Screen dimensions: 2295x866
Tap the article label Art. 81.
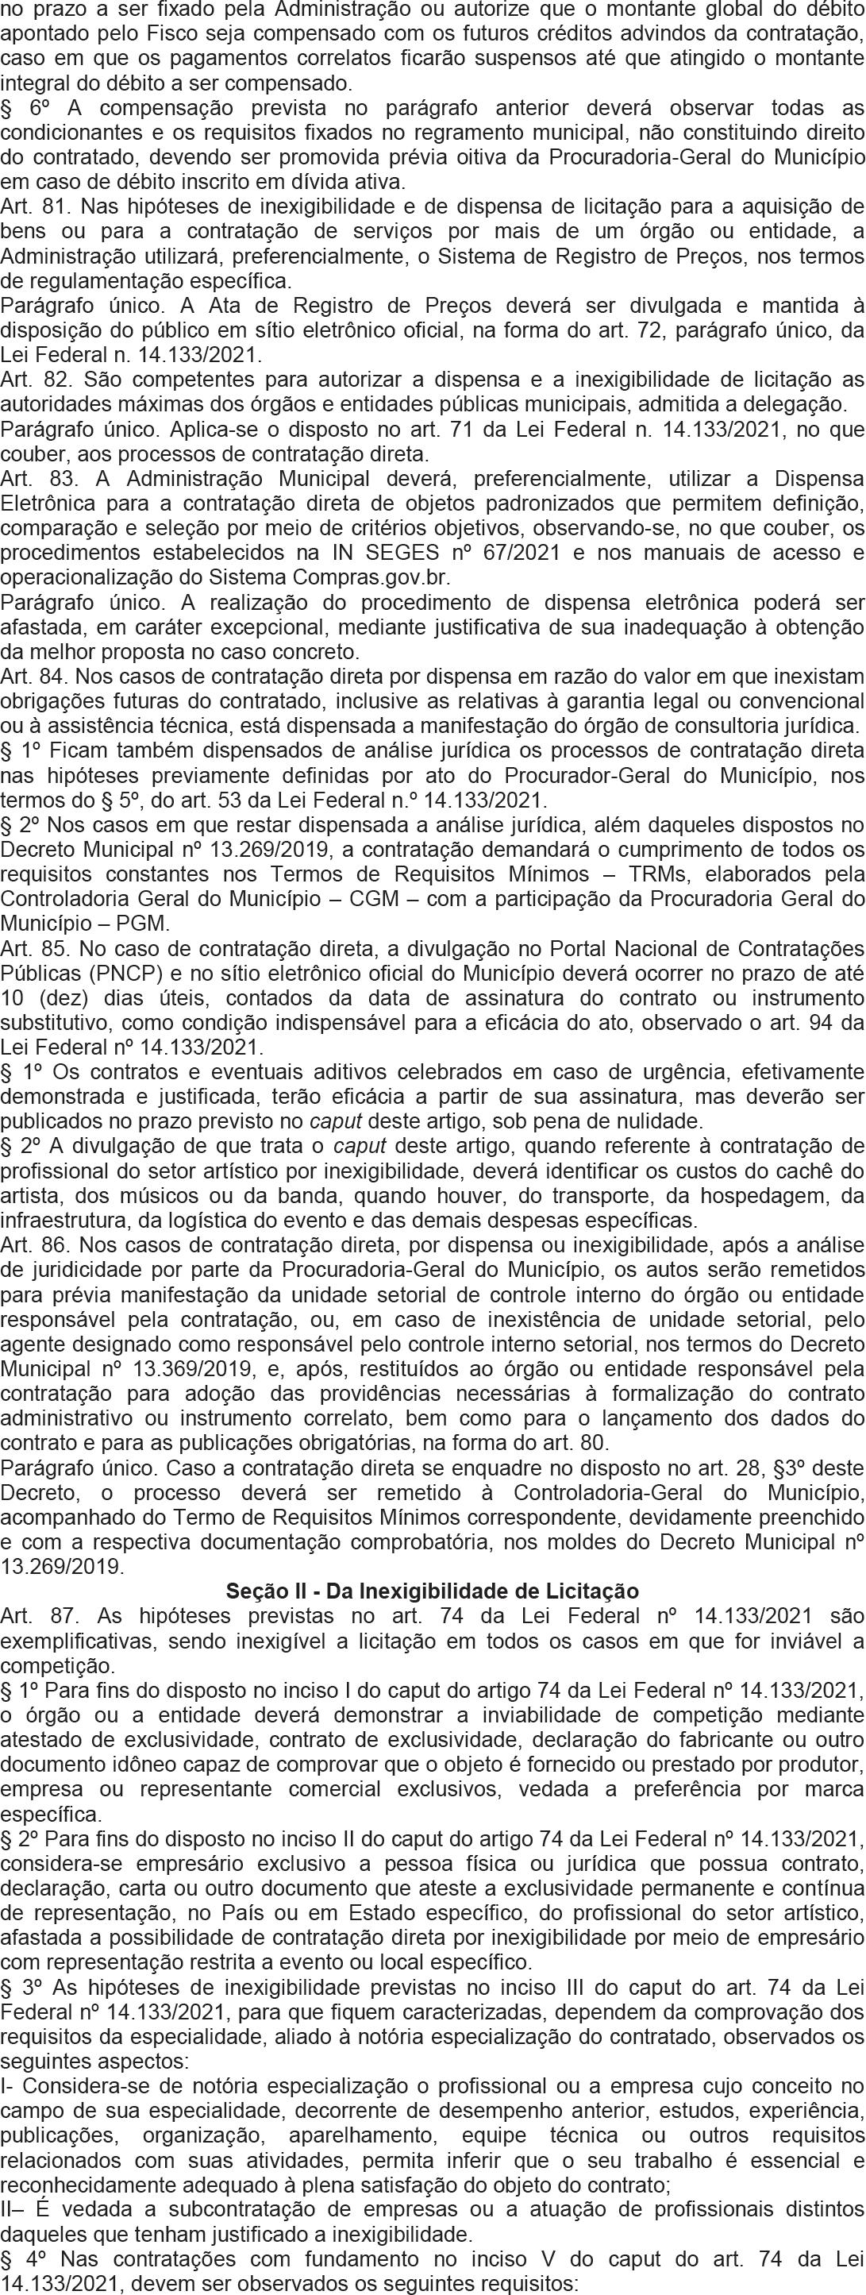[x=29, y=206]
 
